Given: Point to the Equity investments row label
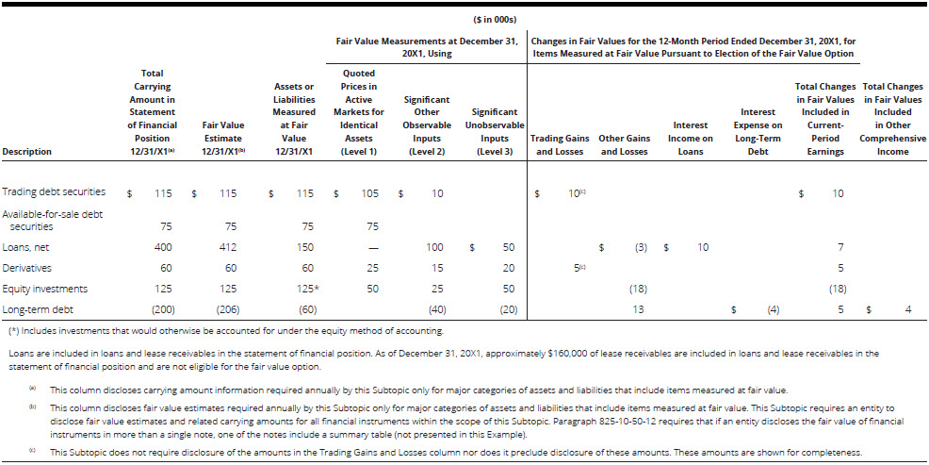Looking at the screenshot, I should click(43, 289).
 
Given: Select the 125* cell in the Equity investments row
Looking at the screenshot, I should click(303, 289).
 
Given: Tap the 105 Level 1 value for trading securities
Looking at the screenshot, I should click(369, 192).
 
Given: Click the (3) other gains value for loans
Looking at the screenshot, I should click(640, 246).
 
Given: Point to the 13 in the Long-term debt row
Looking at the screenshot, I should click(639, 309).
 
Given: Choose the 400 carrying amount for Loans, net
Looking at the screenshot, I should click(164, 246).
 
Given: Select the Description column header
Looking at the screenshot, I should click(27, 151).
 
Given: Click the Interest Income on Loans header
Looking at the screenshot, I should click(691, 138).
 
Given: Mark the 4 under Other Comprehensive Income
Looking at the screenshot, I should click(907, 309).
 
